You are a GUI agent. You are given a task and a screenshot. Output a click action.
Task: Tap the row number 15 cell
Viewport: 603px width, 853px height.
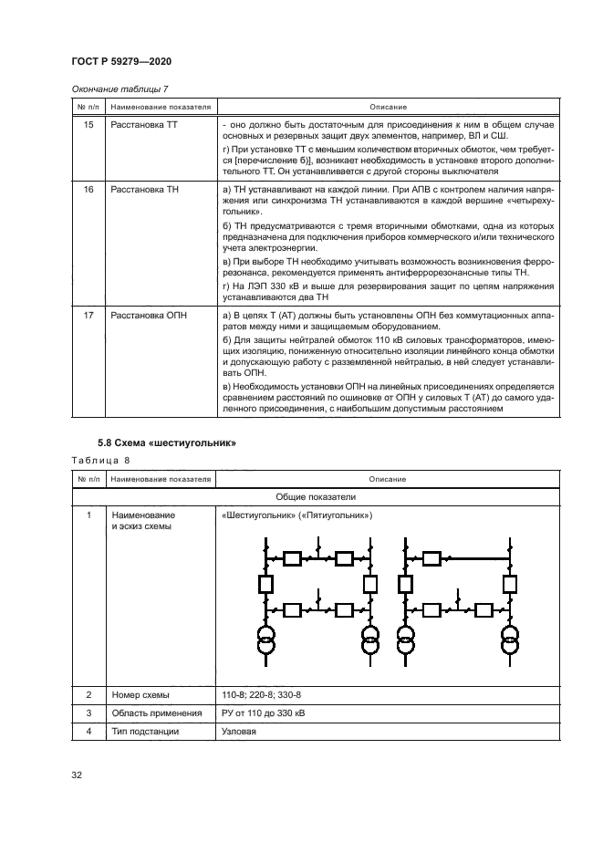pyautogui.click(x=88, y=124)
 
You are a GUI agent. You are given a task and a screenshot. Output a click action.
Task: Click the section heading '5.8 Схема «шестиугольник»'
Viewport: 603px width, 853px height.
pyautogui.click(x=167, y=443)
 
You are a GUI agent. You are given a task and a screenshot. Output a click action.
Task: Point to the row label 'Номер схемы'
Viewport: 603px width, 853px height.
pyautogui.click(x=140, y=695)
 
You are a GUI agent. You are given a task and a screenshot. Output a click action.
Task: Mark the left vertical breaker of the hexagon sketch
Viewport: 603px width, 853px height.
pyautogui.click(x=266, y=583)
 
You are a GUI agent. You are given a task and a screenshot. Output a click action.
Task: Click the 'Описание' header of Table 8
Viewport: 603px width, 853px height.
pyautogui.click(x=387, y=479)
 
